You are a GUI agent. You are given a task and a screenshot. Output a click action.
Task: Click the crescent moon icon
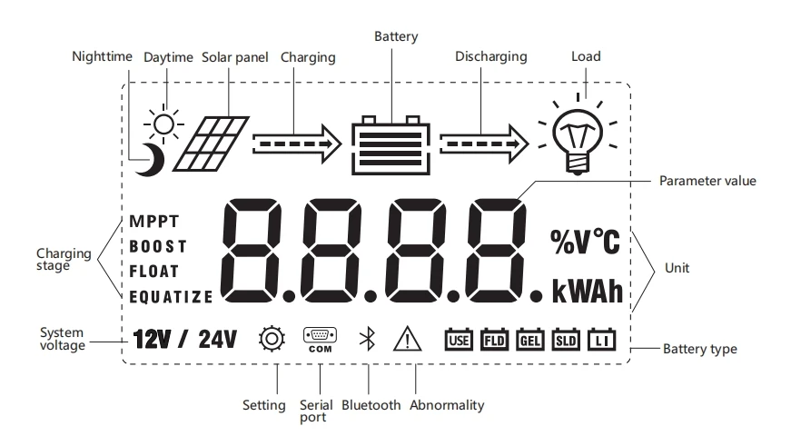tap(148, 160)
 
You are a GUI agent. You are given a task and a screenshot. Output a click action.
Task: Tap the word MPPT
tap(154, 221)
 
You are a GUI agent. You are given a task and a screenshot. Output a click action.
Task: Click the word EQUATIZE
tap(171, 296)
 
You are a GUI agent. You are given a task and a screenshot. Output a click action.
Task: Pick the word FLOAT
tap(154, 271)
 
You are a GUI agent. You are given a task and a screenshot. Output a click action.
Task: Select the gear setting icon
tap(272, 340)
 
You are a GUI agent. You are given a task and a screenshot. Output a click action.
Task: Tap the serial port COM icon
tap(320, 340)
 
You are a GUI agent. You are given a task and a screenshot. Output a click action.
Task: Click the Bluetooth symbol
tap(367, 340)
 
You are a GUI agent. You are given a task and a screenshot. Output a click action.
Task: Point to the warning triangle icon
tap(409, 340)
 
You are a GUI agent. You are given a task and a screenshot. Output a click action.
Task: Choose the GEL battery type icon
tap(529, 340)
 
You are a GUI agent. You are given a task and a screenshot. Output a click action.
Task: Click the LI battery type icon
tap(601, 340)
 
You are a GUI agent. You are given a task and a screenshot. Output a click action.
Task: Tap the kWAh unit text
tap(588, 292)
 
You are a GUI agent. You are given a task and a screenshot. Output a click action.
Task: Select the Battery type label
tap(699, 349)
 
